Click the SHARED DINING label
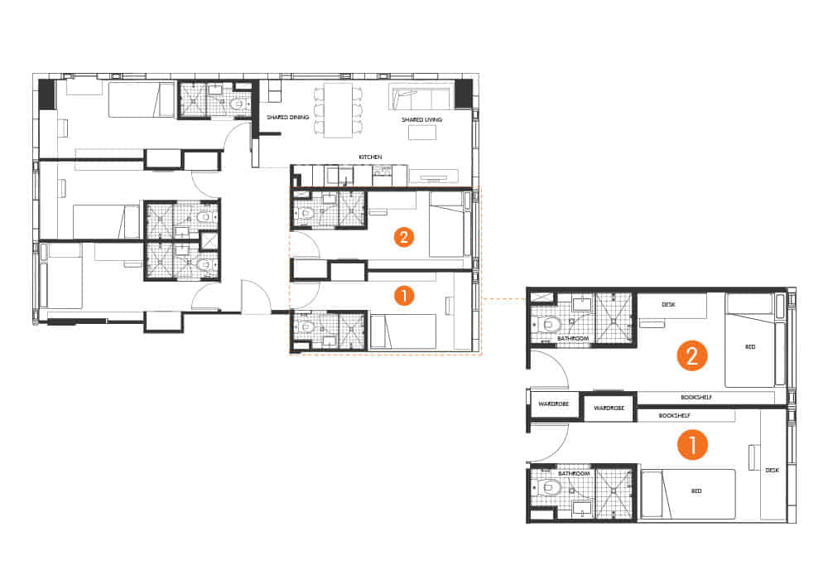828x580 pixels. [287, 118]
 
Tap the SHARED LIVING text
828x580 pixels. [422, 119]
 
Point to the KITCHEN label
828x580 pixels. [370, 157]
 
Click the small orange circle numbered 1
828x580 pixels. [403, 294]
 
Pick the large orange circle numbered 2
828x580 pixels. [692, 356]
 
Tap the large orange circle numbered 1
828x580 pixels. [692, 445]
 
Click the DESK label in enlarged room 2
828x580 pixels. [669, 305]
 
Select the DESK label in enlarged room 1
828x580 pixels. [772, 470]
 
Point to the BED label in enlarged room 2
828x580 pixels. [750, 346]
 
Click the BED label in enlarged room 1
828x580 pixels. [696, 491]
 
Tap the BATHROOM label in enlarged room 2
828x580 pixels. [572, 339]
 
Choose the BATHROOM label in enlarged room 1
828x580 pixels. [572, 473]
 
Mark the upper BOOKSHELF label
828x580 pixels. [696, 398]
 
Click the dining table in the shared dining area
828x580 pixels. [338, 110]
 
